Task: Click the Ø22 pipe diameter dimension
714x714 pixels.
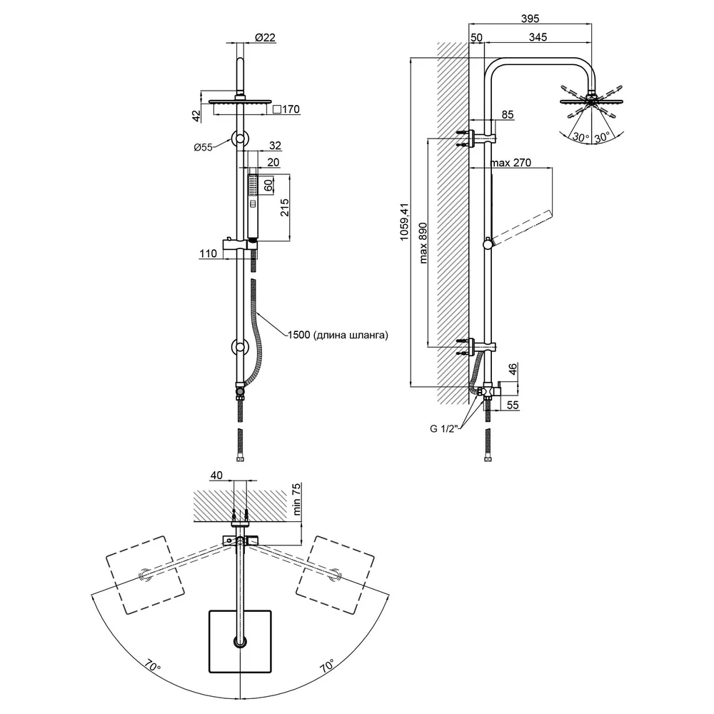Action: click(x=265, y=37)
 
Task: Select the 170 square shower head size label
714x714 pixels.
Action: click(x=286, y=109)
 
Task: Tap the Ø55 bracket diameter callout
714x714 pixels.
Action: click(x=203, y=147)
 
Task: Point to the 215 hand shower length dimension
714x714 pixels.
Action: click(x=284, y=208)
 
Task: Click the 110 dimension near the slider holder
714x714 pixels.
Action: click(x=208, y=253)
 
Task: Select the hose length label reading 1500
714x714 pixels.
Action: click(x=298, y=335)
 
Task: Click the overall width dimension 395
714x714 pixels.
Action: click(x=530, y=19)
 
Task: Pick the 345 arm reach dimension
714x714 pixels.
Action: click(x=538, y=37)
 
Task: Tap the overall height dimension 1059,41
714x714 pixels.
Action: click(x=404, y=222)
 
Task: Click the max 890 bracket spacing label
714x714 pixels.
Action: click(x=423, y=243)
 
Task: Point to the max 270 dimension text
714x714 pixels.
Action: click(x=511, y=163)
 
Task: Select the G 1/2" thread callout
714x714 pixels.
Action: click(x=444, y=428)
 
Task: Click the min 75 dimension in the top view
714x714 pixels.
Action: click(x=296, y=500)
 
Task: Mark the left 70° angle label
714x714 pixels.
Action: click(x=153, y=667)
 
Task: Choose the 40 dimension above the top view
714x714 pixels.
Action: click(x=216, y=476)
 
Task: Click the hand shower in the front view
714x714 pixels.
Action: click(x=253, y=207)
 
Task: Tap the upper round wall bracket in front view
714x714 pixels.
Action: click(x=239, y=139)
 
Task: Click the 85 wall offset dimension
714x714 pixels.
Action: click(x=508, y=114)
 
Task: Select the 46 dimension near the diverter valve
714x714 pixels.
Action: click(x=513, y=369)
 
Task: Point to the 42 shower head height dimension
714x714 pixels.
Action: click(x=196, y=116)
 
